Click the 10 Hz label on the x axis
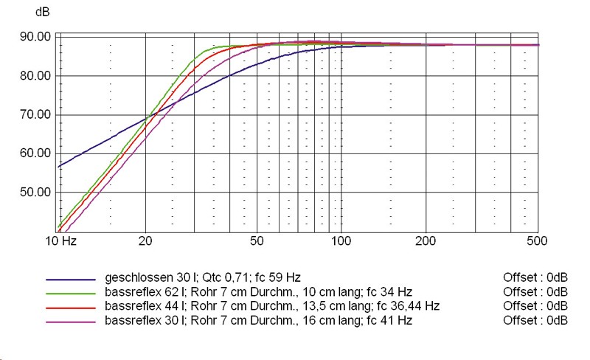click(x=61, y=241)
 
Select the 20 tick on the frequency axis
click(x=145, y=241)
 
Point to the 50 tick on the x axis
click(x=257, y=241)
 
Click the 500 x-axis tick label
click(x=536, y=241)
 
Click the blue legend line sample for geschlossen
click(x=71, y=280)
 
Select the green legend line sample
click(x=71, y=294)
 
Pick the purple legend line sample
click(x=71, y=322)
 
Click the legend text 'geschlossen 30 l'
click(x=145, y=278)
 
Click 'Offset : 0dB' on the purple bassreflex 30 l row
click(x=534, y=320)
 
